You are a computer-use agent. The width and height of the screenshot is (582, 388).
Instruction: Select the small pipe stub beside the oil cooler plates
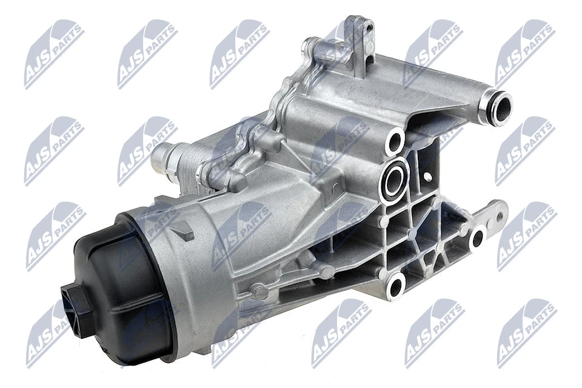(162, 159)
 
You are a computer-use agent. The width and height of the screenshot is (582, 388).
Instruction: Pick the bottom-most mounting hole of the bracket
(397, 285)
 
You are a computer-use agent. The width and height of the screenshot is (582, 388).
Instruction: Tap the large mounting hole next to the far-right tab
(477, 238)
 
